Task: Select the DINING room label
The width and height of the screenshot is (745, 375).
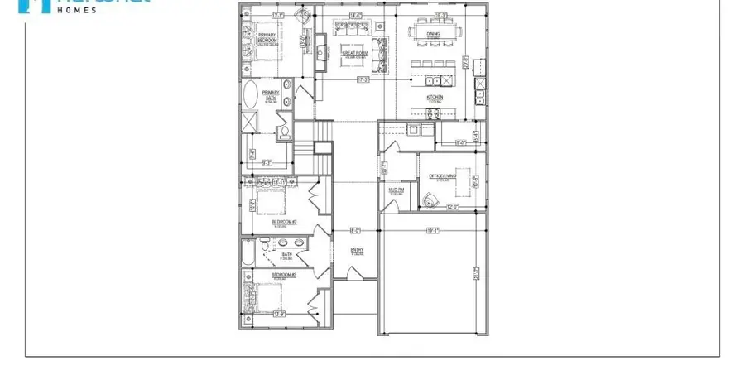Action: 433,34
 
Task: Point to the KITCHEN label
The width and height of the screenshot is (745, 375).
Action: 435,97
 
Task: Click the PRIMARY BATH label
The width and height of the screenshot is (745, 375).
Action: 270,94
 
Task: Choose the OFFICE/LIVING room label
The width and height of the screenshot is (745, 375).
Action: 443,175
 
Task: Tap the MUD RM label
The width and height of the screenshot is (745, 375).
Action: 397,190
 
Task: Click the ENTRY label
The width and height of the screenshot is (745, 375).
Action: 358,251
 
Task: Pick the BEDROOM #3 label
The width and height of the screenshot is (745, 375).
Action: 284,273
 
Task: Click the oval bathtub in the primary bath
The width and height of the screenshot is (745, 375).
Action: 251,94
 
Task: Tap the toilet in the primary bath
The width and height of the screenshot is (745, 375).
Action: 283,131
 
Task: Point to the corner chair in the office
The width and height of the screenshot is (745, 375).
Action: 429,200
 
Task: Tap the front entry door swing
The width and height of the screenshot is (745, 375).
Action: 355,273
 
